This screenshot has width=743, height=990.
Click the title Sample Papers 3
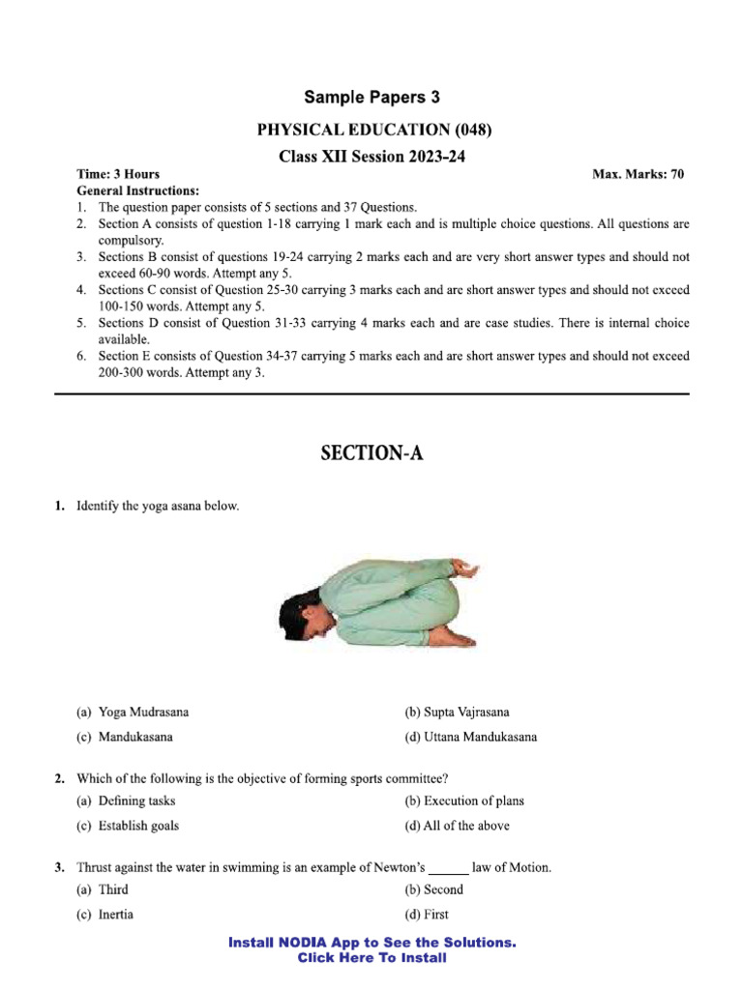pyautogui.click(x=372, y=97)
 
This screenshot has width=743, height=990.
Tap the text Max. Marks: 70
pyautogui.click(x=638, y=174)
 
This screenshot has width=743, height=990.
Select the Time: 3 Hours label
pyautogui.click(x=118, y=174)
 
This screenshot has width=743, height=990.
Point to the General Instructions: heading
pyautogui.click(x=137, y=190)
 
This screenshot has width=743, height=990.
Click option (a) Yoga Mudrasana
pyautogui.click(x=134, y=712)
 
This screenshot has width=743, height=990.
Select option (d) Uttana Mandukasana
pyautogui.click(x=470, y=737)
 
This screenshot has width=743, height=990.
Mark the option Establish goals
pyautogui.click(x=128, y=826)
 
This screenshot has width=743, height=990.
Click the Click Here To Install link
pyautogui.click(x=372, y=958)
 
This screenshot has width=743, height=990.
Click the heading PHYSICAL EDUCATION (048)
pyautogui.click(x=372, y=129)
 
